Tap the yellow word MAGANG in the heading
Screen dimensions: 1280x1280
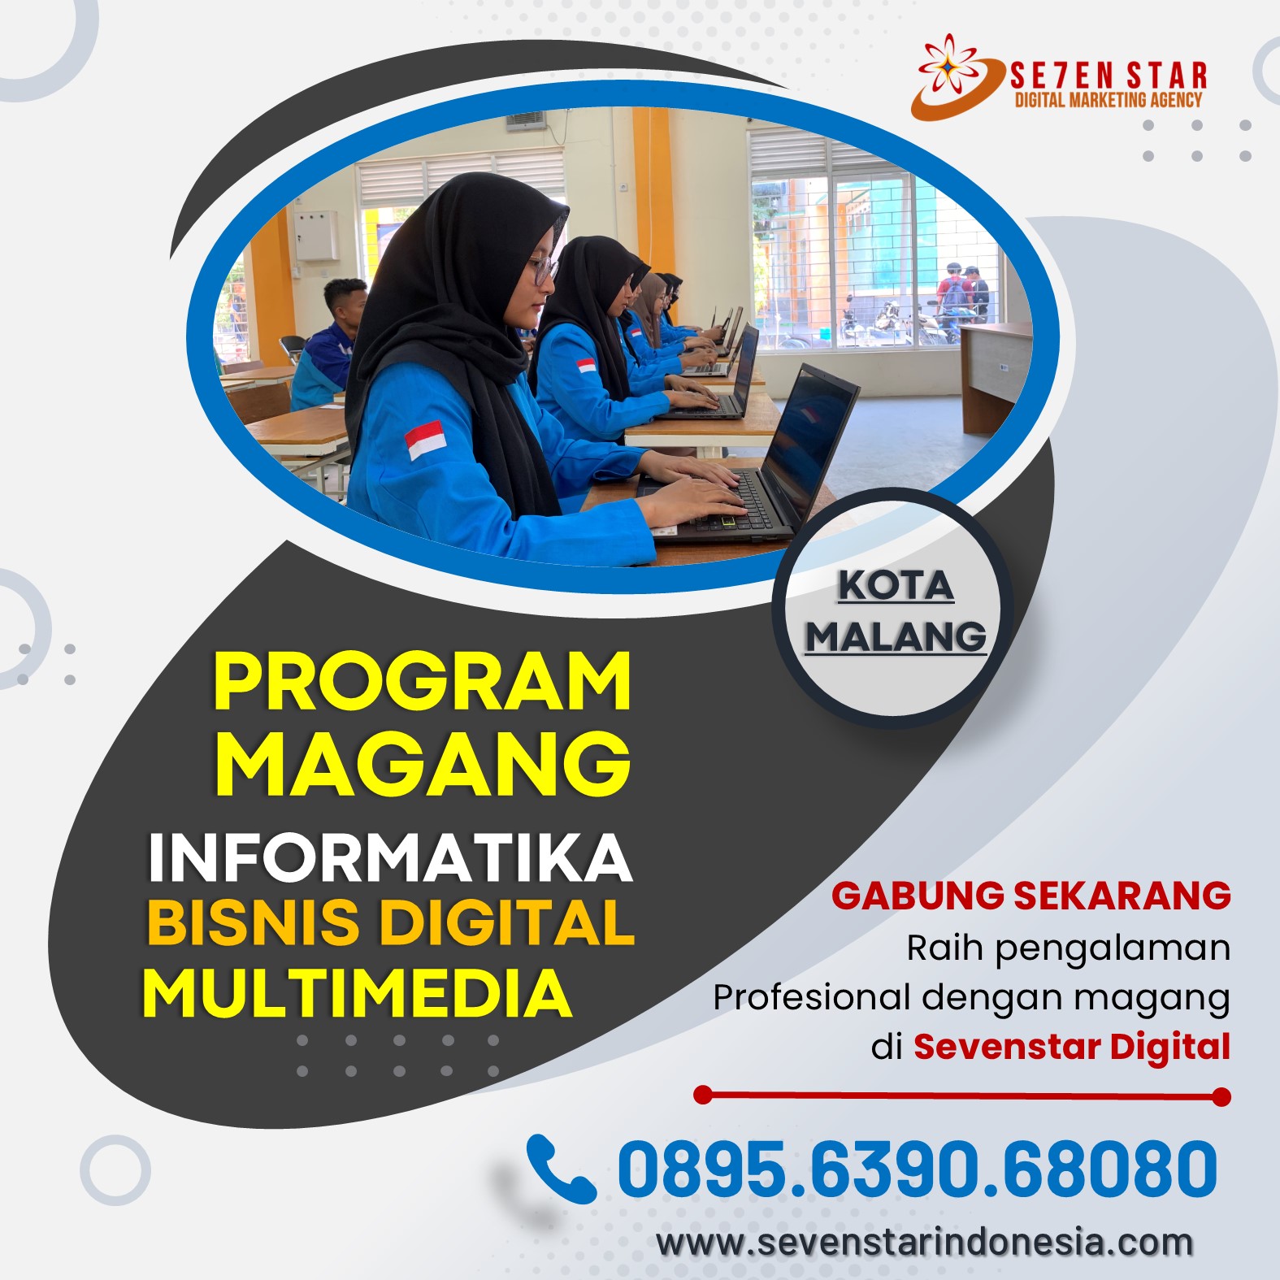[423, 762]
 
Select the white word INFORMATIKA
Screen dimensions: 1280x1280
[390, 857]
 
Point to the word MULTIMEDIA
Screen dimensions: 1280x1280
[358, 992]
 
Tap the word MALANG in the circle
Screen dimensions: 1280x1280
[896, 636]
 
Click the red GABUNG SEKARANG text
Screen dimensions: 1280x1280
[1031, 896]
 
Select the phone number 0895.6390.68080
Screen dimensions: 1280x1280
[918, 1169]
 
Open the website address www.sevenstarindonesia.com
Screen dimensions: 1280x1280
[925, 1243]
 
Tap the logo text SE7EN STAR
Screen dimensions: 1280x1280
[1109, 76]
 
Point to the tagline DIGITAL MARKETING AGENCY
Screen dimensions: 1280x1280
[1109, 100]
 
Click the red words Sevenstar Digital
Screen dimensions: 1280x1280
[1072, 1046]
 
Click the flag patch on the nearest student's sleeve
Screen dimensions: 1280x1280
[425, 440]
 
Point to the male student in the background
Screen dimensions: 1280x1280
[325, 345]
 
